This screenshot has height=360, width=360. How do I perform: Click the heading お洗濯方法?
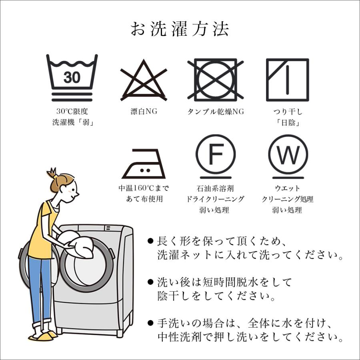[x=180, y=29]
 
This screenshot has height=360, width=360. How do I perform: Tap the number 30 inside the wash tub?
[x=72, y=77]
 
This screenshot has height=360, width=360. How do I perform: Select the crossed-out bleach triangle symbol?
[x=144, y=80]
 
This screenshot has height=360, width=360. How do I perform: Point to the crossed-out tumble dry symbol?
[x=215, y=80]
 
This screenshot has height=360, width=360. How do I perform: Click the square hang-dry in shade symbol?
[x=288, y=80]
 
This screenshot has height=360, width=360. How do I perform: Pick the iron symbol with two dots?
[x=144, y=164]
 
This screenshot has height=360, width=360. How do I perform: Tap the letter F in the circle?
[x=216, y=154]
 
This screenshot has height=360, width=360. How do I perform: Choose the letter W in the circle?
[x=288, y=154]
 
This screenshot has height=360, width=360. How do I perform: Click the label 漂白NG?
[x=144, y=112]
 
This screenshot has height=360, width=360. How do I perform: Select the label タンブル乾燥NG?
[x=216, y=112]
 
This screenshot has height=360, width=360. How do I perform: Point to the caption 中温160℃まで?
[x=144, y=188]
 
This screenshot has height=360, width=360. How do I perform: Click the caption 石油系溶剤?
[x=215, y=188]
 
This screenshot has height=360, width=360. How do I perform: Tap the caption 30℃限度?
[x=72, y=112]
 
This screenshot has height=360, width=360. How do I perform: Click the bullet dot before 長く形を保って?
[x=150, y=241]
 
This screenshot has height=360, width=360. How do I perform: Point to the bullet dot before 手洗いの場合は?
[x=150, y=324]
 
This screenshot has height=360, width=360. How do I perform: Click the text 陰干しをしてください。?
[x=216, y=296]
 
